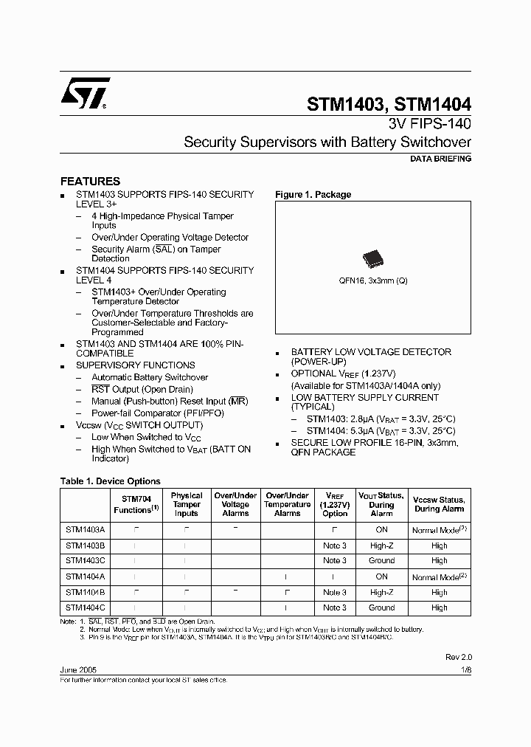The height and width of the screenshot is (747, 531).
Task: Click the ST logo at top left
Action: (85, 93)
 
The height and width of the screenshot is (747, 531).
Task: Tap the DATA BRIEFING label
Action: (440, 159)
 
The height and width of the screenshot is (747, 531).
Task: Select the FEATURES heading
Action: (90, 181)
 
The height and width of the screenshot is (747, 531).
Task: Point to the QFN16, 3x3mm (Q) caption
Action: (372, 281)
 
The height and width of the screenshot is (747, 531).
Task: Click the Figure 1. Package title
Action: (313, 195)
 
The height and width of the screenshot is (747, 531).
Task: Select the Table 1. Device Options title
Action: (110, 481)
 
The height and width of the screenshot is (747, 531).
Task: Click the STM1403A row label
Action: (85, 529)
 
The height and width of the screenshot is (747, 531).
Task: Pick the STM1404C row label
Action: (85, 607)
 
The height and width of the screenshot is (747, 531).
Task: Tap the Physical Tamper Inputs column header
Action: (186, 504)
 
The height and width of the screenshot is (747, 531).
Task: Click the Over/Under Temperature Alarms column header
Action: (287, 504)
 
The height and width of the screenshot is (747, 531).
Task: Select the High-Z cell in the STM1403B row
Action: (381, 545)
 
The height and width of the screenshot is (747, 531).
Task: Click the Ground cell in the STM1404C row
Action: (381, 607)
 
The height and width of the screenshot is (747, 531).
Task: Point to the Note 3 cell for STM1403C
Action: (335, 561)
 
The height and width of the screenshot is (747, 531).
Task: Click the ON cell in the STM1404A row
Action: (381, 576)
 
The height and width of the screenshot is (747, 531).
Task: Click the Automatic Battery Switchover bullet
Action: (150, 377)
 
